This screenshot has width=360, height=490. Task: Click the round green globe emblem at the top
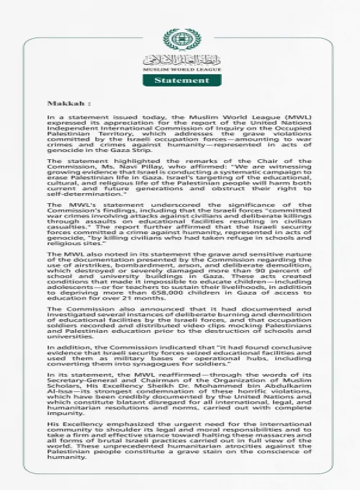[x=179, y=39]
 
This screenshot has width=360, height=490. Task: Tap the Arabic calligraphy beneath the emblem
[x=179, y=60]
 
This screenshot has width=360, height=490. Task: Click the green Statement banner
[x=179, y=81]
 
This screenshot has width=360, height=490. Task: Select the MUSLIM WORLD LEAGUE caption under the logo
[x=179, y=70]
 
